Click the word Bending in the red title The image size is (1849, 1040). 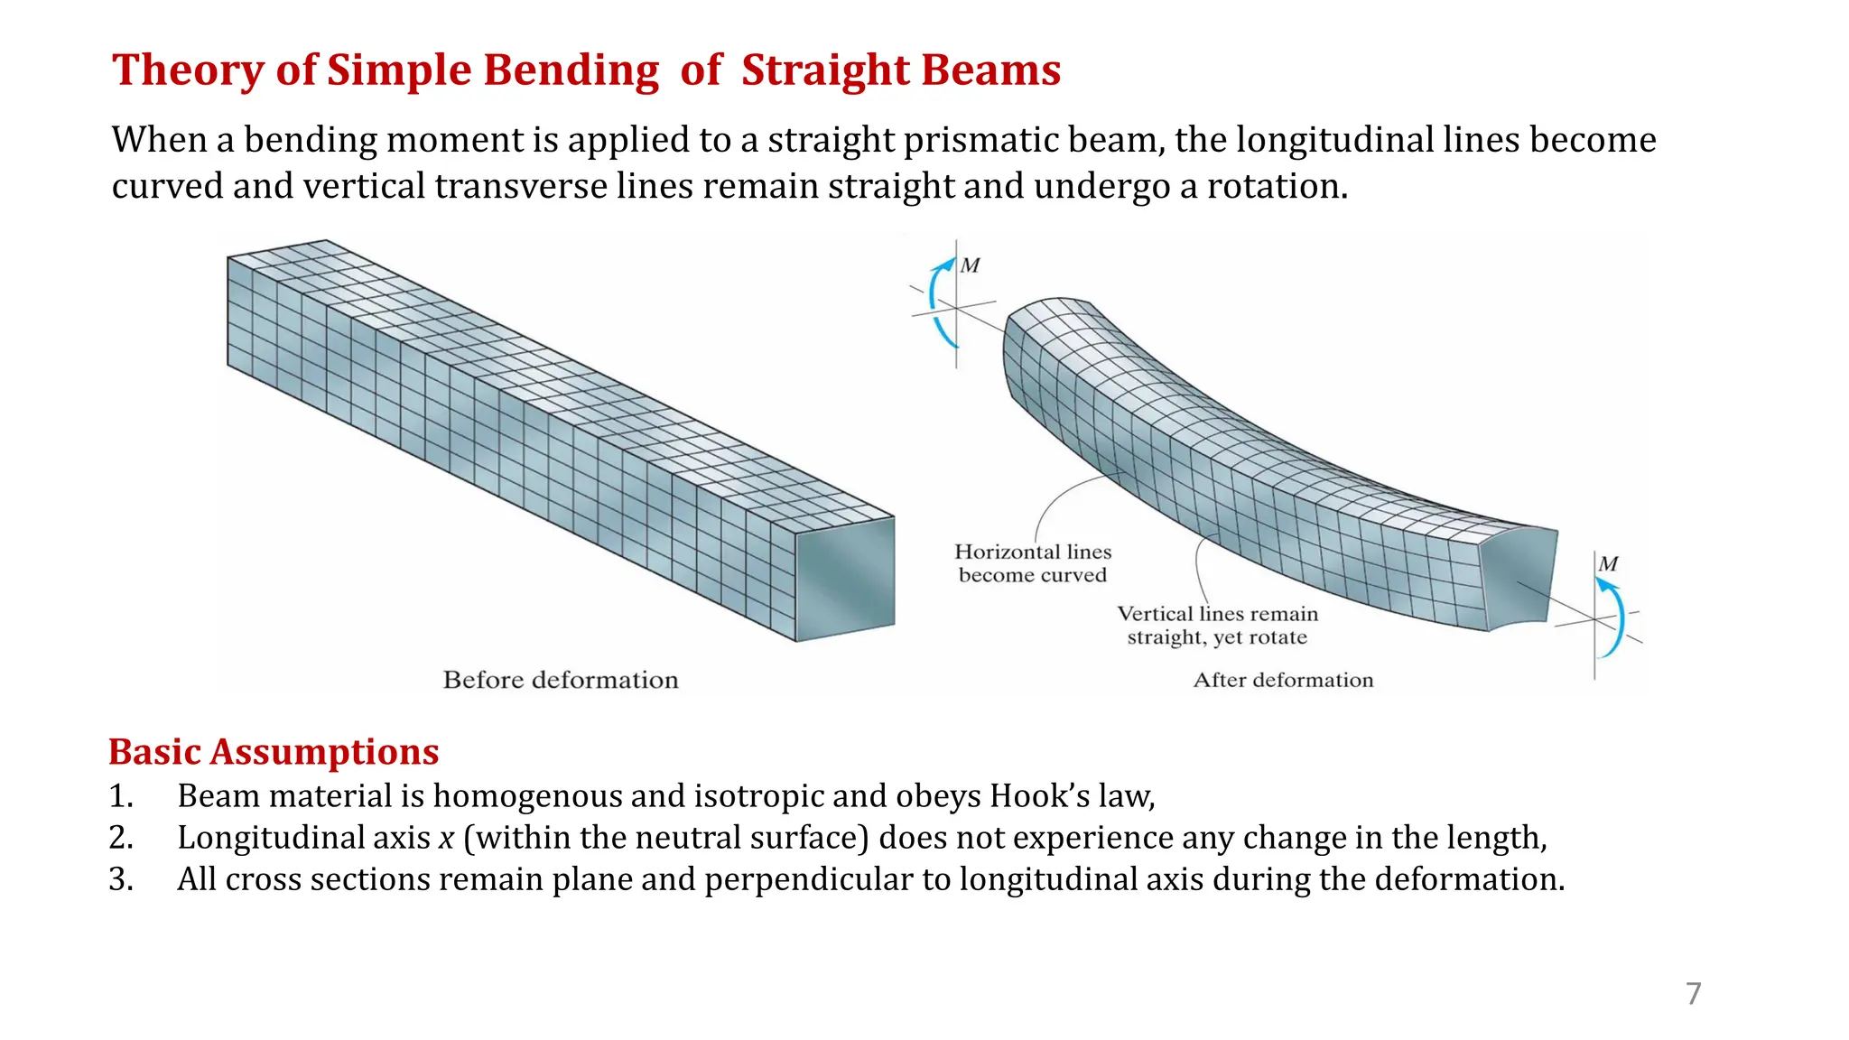(571, 70)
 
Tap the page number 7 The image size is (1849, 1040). (1693, 993)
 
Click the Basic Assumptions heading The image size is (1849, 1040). (274, 751)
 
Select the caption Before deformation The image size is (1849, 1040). (560, 680)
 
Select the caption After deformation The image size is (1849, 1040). (1283, 680)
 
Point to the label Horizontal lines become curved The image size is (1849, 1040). (1033, 563)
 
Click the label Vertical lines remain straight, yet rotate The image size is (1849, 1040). (1217, 626)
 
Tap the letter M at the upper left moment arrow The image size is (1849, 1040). (971, 265)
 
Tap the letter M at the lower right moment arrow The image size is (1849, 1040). (1609, 564)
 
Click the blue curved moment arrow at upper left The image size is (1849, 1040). (935, 302)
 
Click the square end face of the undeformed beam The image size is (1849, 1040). (845, 578)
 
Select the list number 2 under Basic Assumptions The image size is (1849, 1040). (120, 838)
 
